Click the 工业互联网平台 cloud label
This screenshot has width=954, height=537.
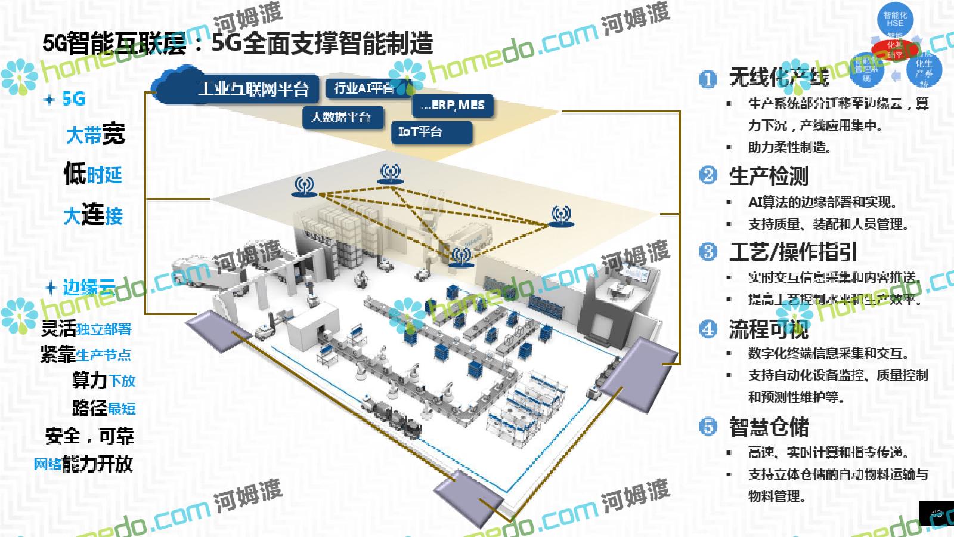[x=253, y=89]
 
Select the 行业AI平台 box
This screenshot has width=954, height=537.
[x=364, y=88]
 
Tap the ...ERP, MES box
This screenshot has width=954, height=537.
[x=453, y=105]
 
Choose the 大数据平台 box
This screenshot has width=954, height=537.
[x=340, y=117]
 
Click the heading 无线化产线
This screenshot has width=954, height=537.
[x=779, y=77]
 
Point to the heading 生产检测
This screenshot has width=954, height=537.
[x=769, y=176]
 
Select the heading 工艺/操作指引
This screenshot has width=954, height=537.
[x=793, y=252]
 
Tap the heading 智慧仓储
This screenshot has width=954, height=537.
[x=769, y=427]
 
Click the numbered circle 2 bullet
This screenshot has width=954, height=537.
[x=708, y=175]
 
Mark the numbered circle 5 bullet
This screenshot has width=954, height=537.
[x=708, y=426]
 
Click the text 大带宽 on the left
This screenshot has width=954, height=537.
[x=95, y=134]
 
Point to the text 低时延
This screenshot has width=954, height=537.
[x=93, y=174]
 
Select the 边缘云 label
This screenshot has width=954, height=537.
[x=89, y=288]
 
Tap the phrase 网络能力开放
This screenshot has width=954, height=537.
[x=83, y=464]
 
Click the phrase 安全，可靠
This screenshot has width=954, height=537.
[x=89, y=436]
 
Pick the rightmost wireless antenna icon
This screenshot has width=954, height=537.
[x=560, y=216]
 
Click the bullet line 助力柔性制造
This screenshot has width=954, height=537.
[x=789, y=147]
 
